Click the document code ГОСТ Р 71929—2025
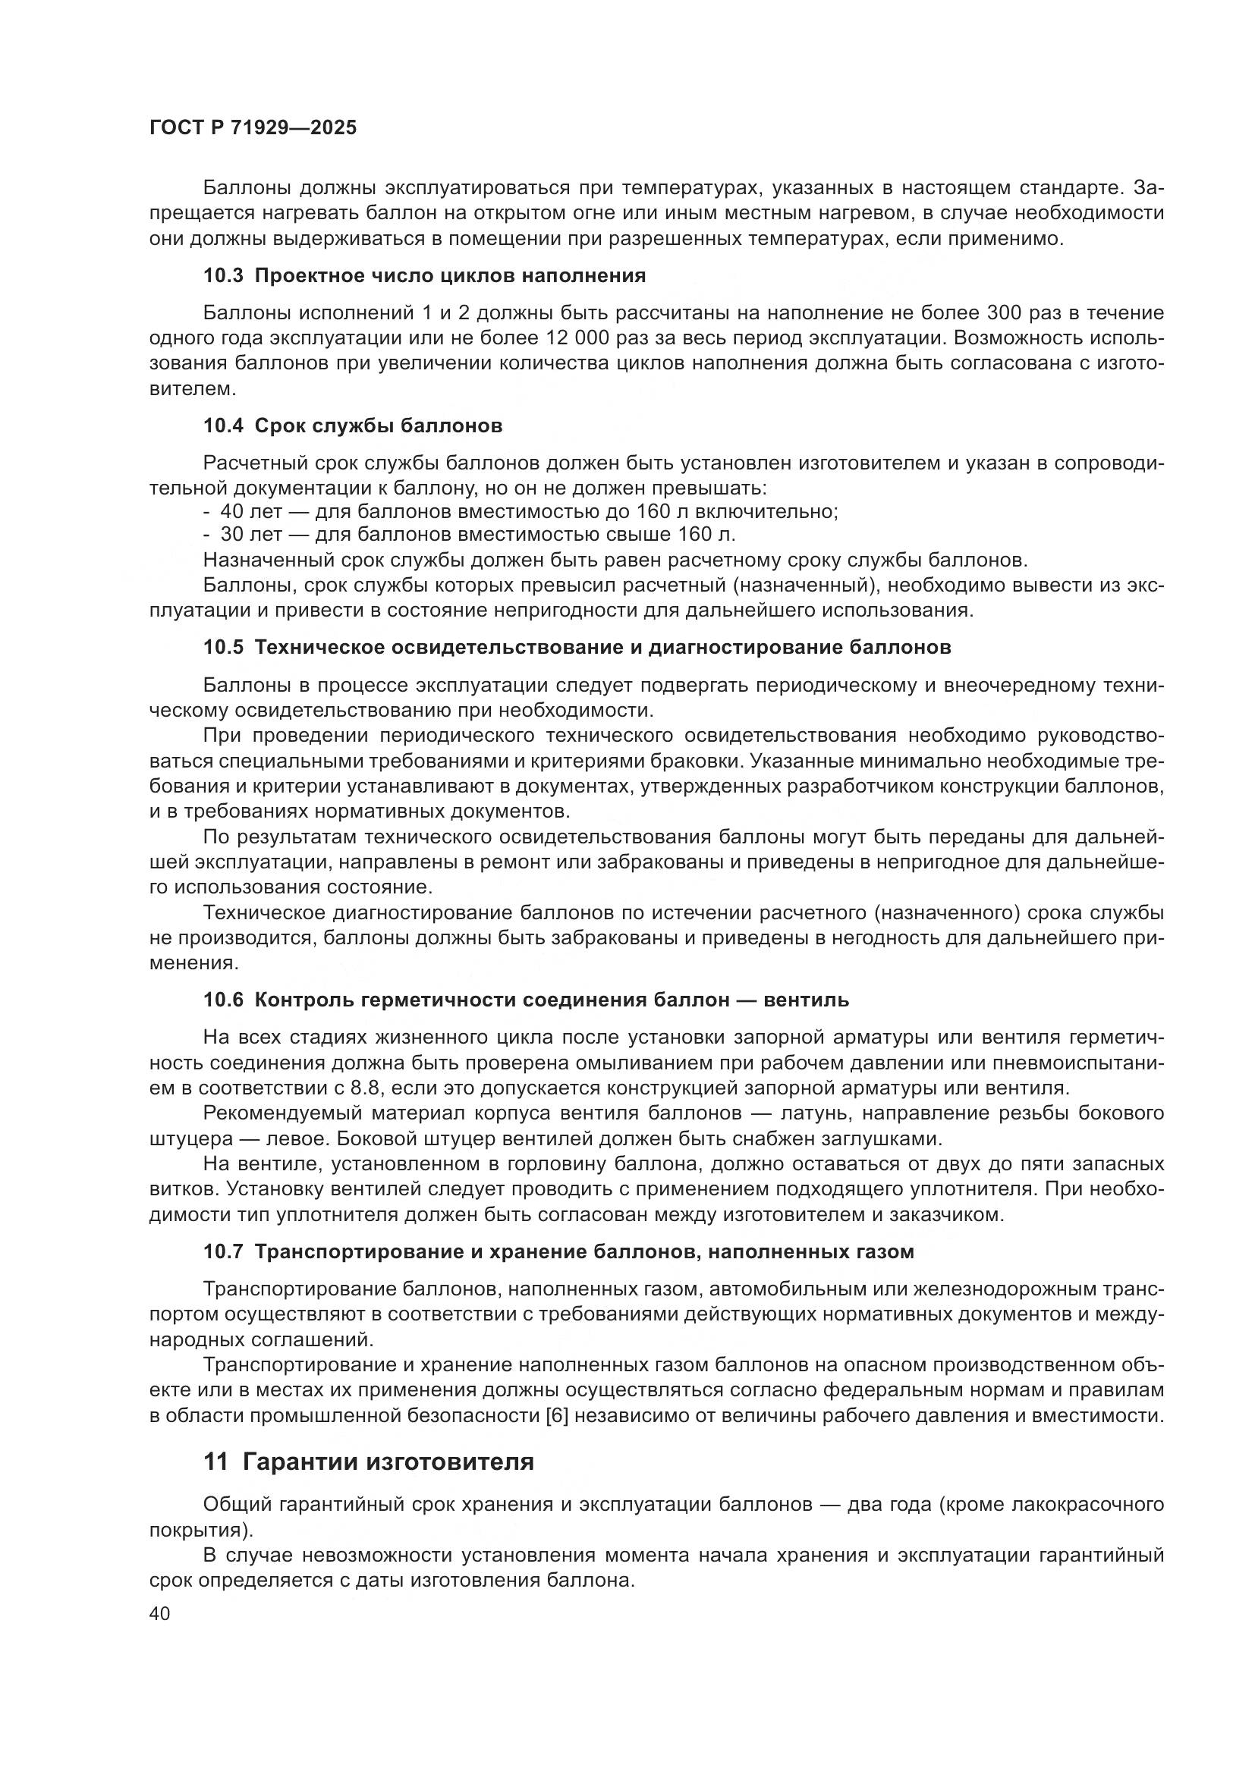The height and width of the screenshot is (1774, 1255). point(253,128)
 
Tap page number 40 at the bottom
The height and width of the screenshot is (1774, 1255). point(159,1613)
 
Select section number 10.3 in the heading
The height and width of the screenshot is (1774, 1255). point(223,275)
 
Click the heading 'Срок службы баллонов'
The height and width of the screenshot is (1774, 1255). point(378,425)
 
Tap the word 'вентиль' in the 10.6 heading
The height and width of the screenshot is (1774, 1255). point(806,1000)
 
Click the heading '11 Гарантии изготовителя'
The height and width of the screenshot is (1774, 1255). point(369,1462)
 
